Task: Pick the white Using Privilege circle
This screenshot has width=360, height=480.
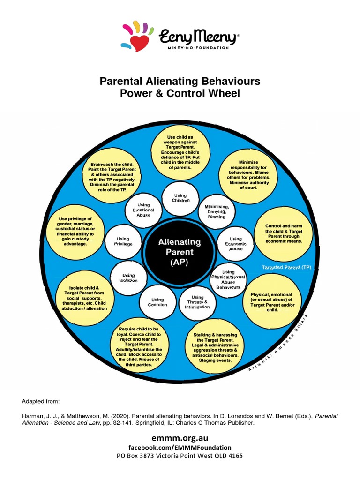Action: click(123, 241)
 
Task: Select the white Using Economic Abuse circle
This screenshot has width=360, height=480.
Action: click(236, 244)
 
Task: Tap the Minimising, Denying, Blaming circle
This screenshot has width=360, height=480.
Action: click(216, 211)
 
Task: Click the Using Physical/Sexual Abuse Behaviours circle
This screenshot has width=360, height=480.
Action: click(228, 279)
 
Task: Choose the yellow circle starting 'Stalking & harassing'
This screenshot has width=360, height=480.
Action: click(215, 345)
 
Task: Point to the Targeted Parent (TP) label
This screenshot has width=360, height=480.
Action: click(286, 267)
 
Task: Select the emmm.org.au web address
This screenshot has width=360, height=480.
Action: click(180, 437)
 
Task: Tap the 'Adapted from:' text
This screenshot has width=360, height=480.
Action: click(41, 402)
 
